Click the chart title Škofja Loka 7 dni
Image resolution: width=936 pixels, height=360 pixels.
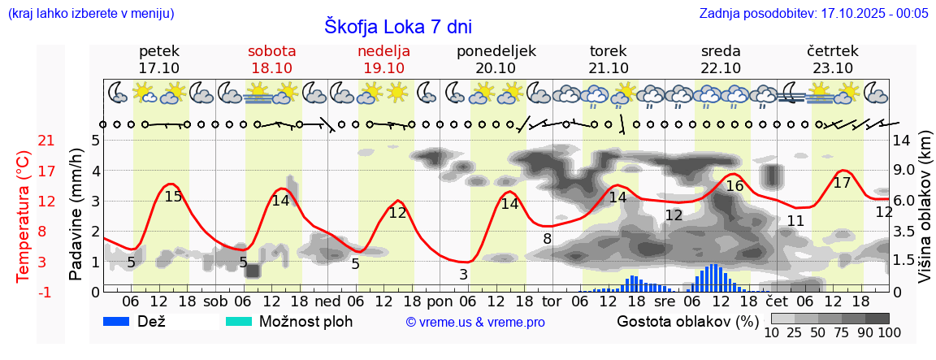click(397, 26)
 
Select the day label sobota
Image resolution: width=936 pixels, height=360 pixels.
click(271, 51)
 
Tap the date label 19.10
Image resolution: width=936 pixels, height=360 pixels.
click(383, 68)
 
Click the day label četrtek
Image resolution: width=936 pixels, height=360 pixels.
click(832, 51)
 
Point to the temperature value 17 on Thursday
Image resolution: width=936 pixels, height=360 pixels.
click(842, 183)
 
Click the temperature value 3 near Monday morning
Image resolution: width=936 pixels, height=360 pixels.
click(463, 275)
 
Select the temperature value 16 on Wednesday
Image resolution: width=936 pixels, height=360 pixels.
click(734, 186)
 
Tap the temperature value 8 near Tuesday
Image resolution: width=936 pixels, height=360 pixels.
click(548, 239)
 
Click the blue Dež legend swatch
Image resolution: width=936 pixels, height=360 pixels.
click(122, 321)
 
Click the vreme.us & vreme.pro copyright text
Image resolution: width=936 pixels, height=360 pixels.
click(475, 322)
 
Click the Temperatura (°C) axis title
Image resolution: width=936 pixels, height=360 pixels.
click(23, 216)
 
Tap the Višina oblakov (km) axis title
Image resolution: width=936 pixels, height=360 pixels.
click(925, 215)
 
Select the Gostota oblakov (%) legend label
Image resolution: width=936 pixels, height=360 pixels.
click(687, 321)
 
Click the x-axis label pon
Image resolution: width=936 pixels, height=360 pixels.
click(440, 301)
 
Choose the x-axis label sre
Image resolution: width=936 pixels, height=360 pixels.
click(665, 301)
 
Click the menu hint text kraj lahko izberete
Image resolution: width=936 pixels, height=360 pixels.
click(90, 14)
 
